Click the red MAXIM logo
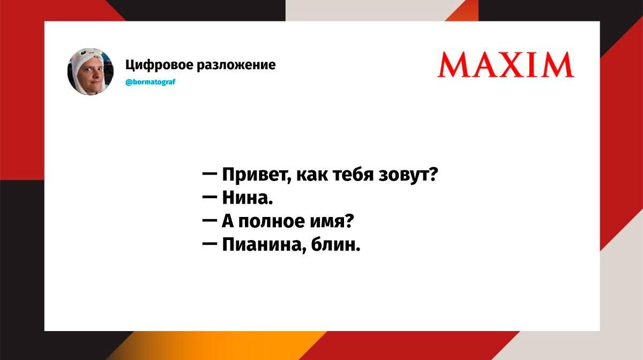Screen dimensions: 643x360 coord(505,64)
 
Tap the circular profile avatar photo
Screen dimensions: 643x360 coord(91,71)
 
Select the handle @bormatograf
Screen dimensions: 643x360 coord(151,82)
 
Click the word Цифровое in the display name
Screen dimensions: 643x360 coord(159,65)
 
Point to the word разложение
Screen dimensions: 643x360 coord(236,65)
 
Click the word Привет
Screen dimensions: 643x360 coord(256,174)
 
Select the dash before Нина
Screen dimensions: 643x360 coord(210,198)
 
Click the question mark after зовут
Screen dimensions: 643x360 coord(433,174)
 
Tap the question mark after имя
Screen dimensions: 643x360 coord(348,221)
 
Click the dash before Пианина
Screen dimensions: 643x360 coord(210,245)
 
